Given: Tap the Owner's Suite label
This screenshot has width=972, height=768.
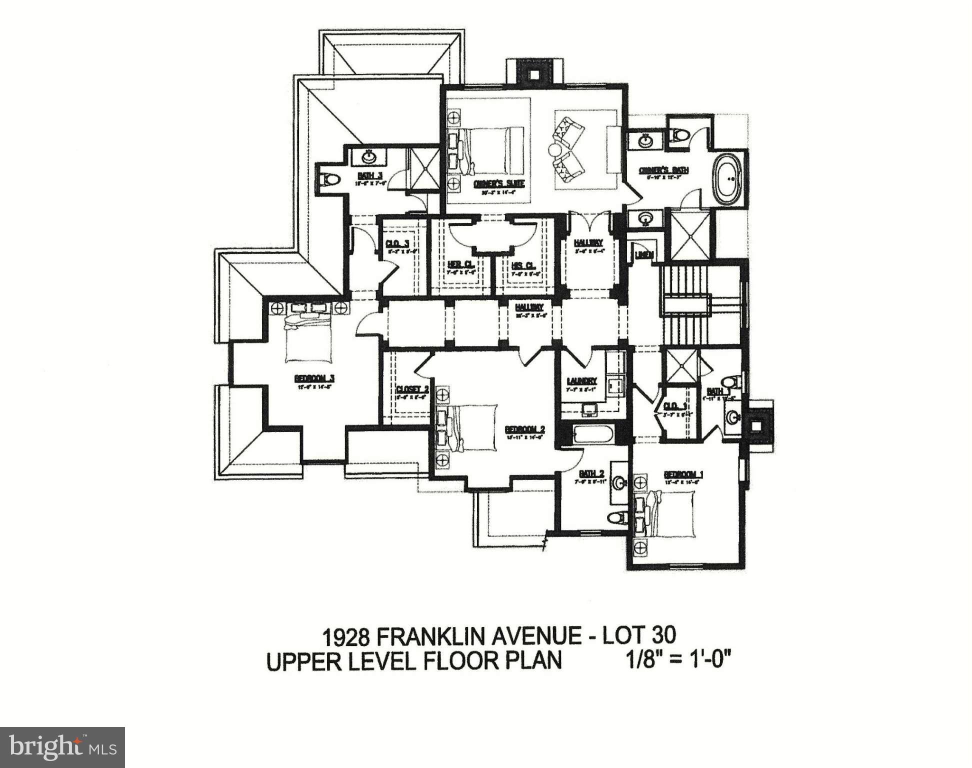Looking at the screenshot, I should (x=499, y=183).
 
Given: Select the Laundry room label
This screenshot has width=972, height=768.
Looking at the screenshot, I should (x=581, y=380).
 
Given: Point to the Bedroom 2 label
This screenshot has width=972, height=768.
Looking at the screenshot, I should (x=524, y=429).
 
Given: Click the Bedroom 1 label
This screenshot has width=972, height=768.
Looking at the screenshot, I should (x=683, y=474).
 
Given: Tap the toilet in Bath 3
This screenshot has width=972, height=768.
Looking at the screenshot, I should (x=329, y=179).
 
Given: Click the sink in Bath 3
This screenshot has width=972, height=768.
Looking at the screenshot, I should (x=369, y=156).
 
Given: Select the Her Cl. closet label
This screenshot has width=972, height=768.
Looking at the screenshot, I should (x=460, y=264).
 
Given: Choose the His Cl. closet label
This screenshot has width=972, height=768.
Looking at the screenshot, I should (x=523, y=265).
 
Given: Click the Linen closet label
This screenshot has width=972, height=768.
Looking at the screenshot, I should (x=644, y=255).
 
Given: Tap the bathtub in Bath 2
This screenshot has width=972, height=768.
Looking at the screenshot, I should (x=593, y=434).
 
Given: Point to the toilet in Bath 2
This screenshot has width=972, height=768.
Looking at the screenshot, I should (x=617, y=517).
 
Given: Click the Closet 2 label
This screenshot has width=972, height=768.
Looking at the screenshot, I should (x=412, y=389).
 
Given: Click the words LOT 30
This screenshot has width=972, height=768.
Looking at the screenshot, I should (x=639, y=635).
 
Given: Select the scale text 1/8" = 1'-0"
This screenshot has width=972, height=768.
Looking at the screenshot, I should (x=678, y=660).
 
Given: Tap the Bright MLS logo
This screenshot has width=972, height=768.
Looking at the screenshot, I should (x=62, y=747).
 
